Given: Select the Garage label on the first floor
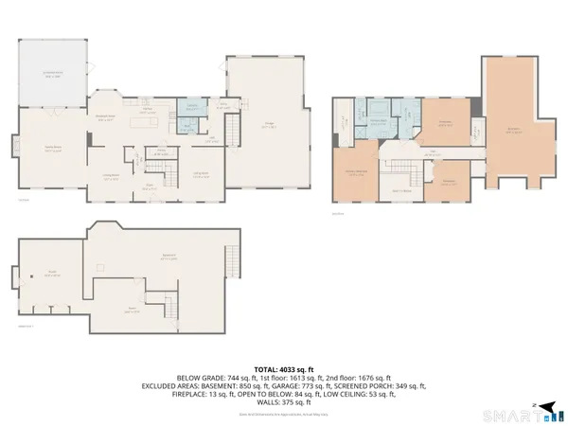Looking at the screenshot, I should click(269, 126).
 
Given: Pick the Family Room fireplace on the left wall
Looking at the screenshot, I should click(88, 140).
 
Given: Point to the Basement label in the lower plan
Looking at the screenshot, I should click(169, 257).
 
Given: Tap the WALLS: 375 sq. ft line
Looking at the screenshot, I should click(284, 403).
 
